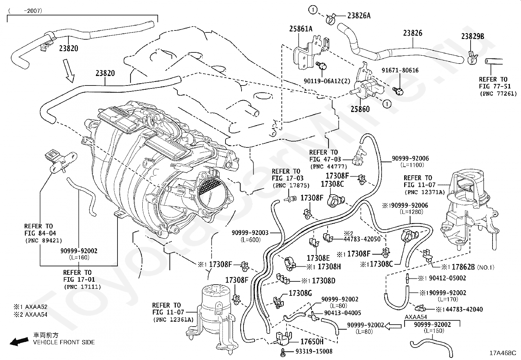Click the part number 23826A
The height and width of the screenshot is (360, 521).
(354, 15)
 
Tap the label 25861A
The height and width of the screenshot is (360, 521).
(300, 29)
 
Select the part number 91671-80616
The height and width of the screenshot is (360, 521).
(400, 70)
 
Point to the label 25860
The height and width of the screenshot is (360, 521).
(360, 109)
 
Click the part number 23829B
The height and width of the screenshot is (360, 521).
(473, 36)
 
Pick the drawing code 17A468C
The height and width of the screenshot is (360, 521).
(502, 353)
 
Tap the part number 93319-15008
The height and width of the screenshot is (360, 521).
(314, 351)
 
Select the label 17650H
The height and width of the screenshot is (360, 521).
(312, 342)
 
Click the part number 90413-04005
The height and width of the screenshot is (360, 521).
(343, 313)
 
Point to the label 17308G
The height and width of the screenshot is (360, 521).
(300, 293)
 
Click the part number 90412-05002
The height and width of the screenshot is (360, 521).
(447, 278)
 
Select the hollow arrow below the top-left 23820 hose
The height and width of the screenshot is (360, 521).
(69, 70)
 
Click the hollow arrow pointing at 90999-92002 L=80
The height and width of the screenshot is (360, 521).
(393, 326)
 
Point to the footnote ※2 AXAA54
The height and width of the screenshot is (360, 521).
(30, 314)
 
